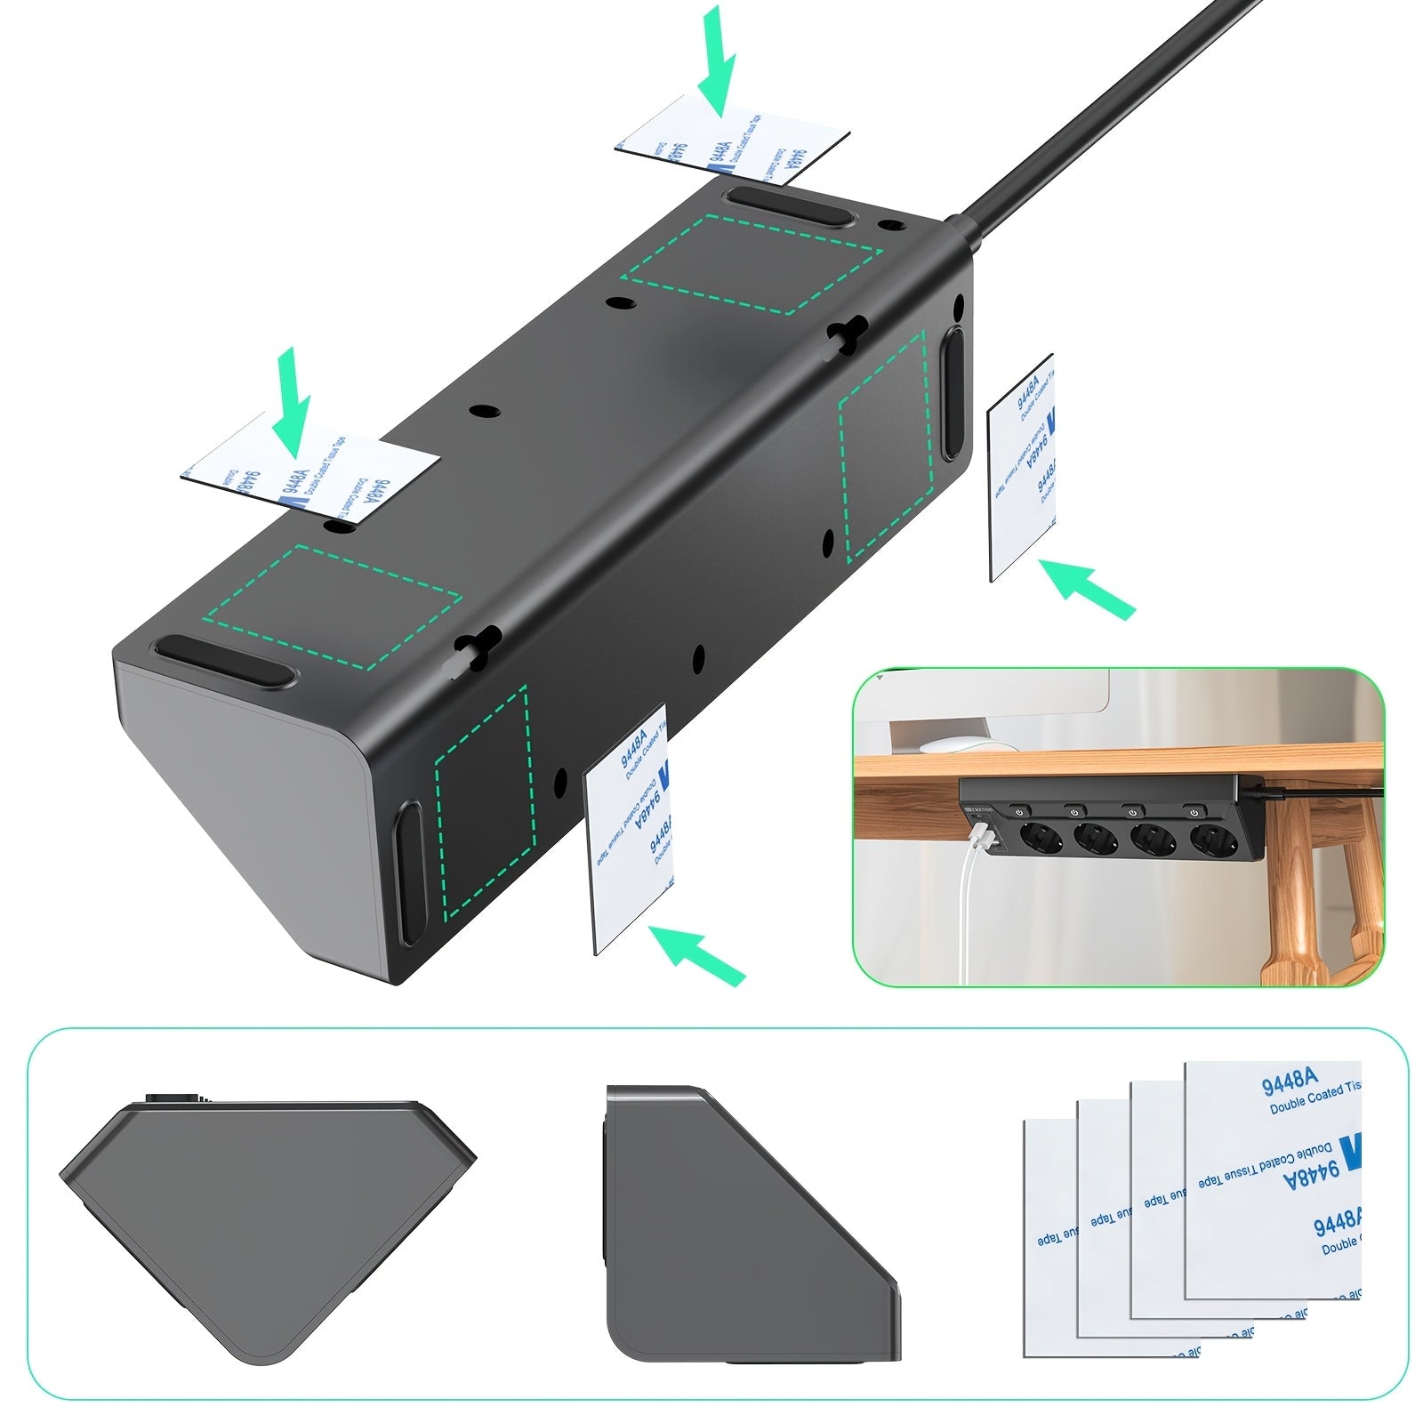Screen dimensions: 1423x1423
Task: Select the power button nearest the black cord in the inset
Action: pos(1193,810)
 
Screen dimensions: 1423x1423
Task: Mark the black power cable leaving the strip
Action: pos(1103,116)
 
